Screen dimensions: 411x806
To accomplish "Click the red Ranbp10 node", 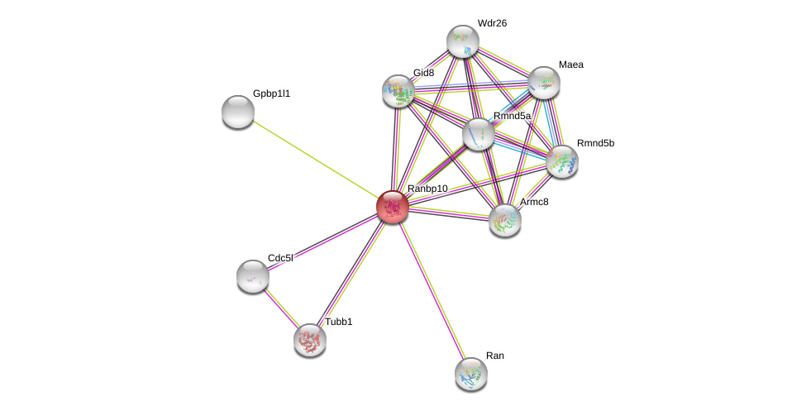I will (x=393, y=207).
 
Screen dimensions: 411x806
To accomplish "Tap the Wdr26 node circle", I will (x=463, y=41).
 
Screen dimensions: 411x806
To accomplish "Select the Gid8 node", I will (x=398, y=91).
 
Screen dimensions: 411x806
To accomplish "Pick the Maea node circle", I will (x=544, y=83).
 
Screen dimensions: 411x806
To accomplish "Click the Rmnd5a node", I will (x=479, y=134).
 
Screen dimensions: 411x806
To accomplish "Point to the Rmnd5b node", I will (x=562, y=161).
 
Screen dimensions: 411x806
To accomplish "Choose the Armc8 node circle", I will (x=505, y=220).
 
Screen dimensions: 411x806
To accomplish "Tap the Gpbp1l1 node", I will (x=238, y=112).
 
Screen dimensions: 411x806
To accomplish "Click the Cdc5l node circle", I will (x=253, y=276).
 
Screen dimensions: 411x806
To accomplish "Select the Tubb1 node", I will (x=310, y=340).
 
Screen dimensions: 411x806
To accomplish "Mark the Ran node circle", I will (x=471, y=374).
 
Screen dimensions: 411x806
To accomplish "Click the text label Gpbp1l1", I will (x=271, y=93).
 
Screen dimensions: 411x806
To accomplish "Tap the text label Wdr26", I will (x=492, y=23).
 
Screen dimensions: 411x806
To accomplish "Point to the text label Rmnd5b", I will (x=595, y=143).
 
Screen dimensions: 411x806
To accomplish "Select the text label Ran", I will (x=494, y=356).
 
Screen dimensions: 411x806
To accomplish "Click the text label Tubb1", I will (x=338, y=322).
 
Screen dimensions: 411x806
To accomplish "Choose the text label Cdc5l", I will (x=280, y=258).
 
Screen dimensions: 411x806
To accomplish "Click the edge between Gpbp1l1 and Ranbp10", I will (x=314, y=159).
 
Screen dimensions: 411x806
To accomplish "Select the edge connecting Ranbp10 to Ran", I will (x=432, y=289).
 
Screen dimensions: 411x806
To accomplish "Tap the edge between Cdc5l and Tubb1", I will (x=281, y=308).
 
